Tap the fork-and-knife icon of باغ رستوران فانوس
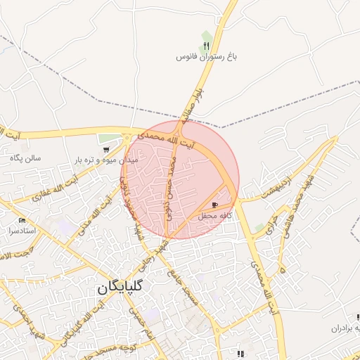coord(206,46)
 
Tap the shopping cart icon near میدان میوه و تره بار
coord(105,150)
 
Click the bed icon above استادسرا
coord(22,220)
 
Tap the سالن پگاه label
coord(25,157)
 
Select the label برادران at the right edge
coord(347,328)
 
